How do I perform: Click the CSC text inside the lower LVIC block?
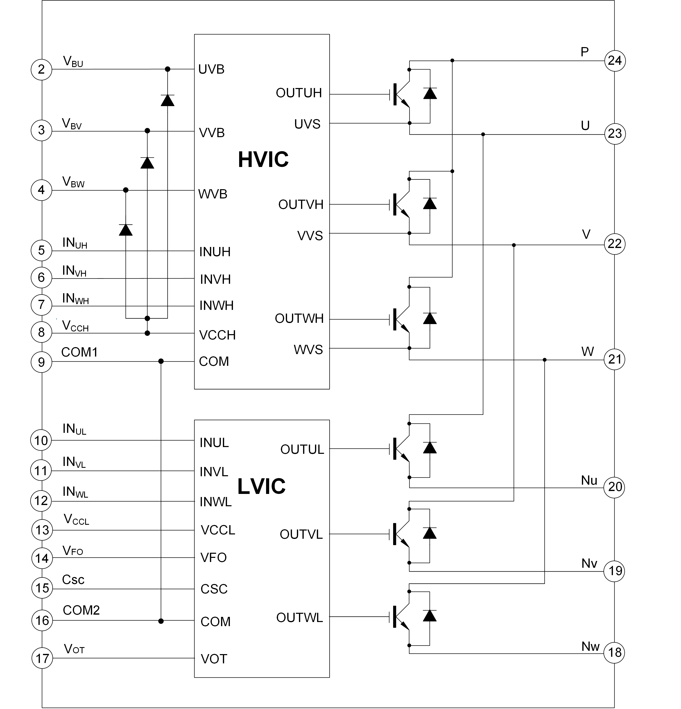pyautogui.click(x=213, y=589)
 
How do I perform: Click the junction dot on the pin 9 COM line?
pyautogui.click(x=161, y=361)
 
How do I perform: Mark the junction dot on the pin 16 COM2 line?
pyautogui.click(x=161, y=621)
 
